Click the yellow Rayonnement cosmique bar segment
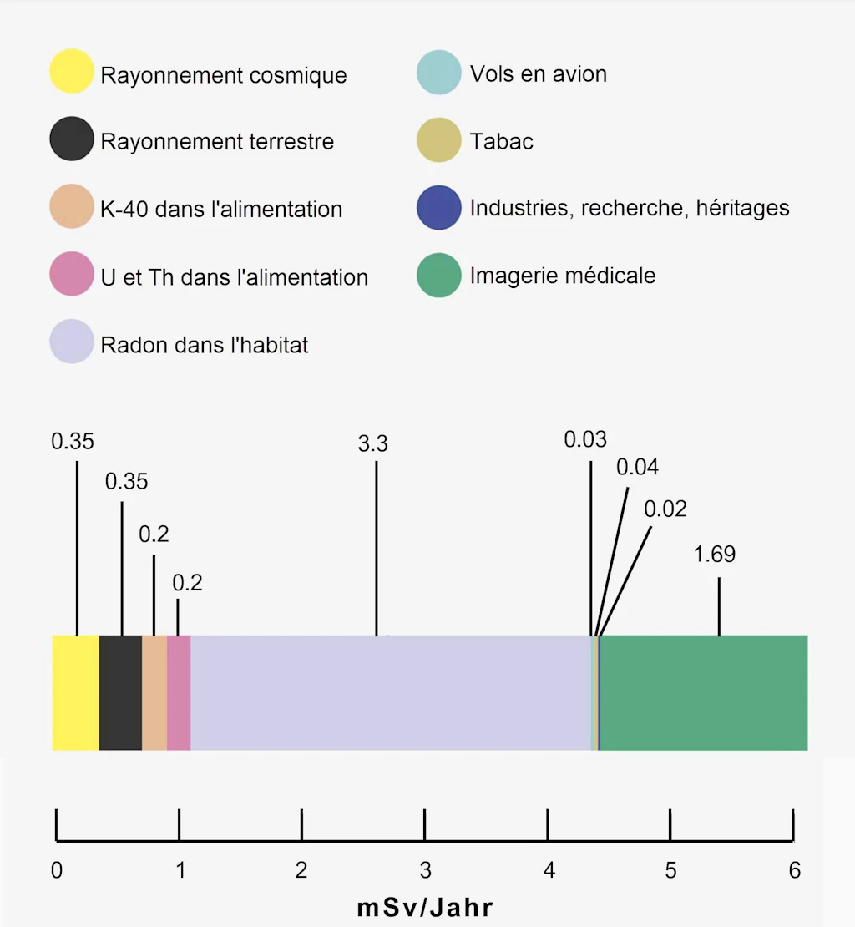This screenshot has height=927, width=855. click(75, 692)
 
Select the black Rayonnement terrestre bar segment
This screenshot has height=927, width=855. click(120, 692)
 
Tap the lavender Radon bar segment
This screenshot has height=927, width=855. click(391, 692)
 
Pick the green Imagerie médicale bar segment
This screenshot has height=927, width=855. click(703, 692)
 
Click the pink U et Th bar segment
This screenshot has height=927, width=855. click(179, 692)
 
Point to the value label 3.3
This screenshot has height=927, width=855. click(372, 444)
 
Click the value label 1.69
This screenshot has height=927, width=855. click(714, 555)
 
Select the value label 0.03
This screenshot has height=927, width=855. click(585, 439)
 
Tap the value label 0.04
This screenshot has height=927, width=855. click(637, 468)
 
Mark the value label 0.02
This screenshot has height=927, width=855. click(665, 509)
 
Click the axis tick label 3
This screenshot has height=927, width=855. click(425, 871)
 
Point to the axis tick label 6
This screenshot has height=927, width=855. click(794, 871)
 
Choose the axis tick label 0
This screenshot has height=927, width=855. click(56, 871)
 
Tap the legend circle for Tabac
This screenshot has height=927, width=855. click(438, 140)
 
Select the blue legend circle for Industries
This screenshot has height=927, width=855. click(438, 207)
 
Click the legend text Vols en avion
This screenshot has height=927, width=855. click(538, 74)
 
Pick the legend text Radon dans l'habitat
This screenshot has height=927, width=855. click(205, 345)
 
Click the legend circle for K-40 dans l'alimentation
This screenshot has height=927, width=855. click(71, 207)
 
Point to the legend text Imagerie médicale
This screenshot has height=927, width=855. click(563, 276)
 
